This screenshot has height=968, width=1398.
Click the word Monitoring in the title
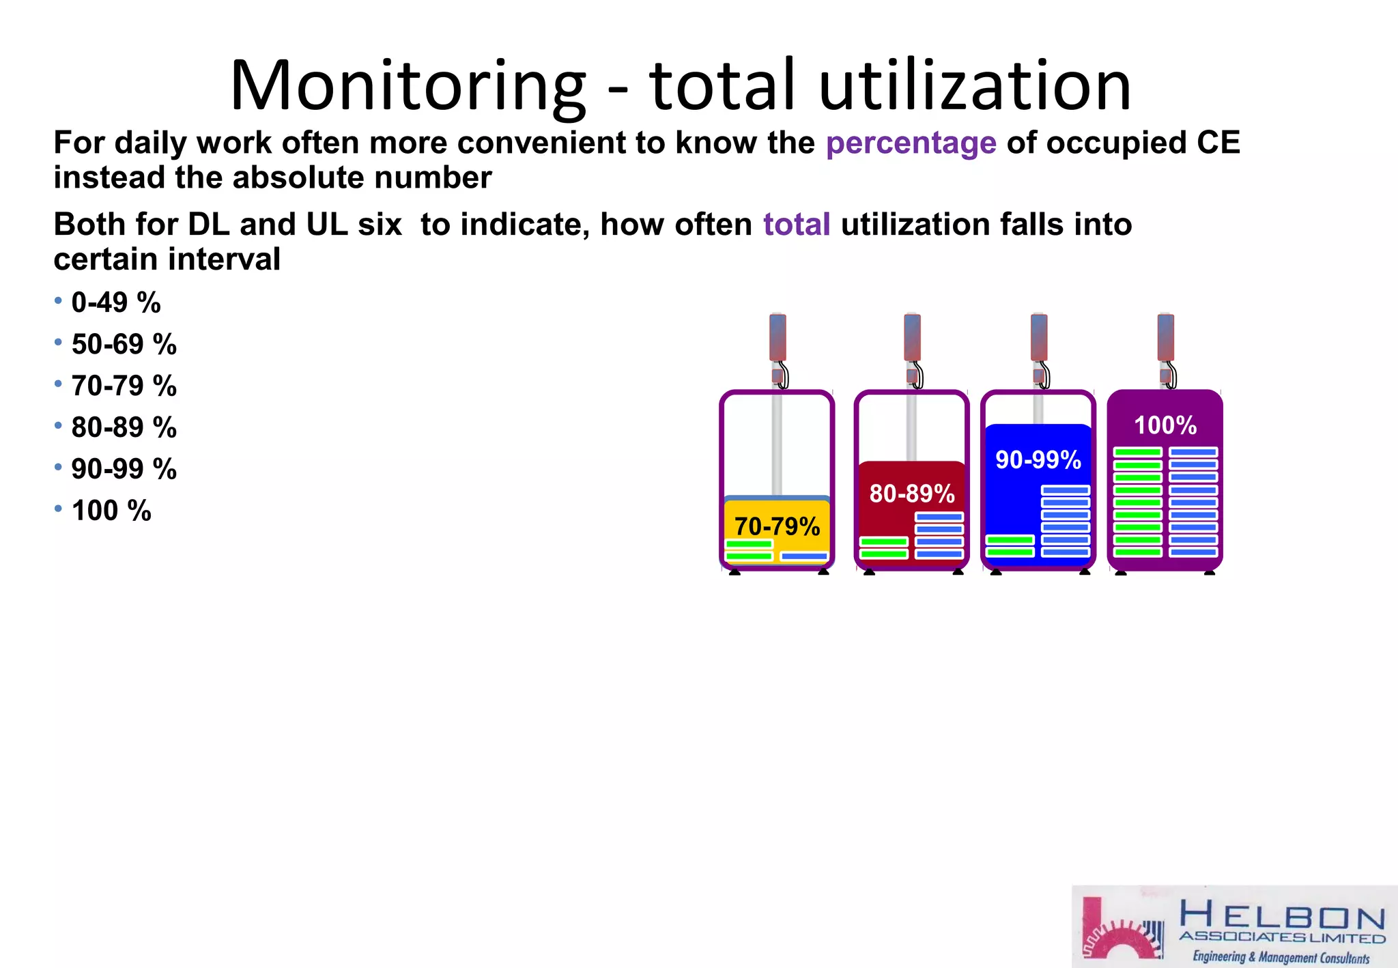408,86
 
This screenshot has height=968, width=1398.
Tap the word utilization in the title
975,86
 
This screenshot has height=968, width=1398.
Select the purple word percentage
911,143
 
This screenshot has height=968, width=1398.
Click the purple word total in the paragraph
796,225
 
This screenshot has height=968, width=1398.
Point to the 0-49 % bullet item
115,302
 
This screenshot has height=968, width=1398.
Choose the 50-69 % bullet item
124,344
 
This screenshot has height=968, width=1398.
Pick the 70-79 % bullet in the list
124,386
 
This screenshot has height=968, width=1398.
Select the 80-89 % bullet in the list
124,427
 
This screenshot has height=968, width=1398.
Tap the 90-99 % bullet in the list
124,469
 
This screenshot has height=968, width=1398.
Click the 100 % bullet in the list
111,511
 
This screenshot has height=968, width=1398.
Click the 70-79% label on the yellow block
777,526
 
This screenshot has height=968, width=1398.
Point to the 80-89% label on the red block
911,493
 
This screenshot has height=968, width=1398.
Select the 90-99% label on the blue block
1038,459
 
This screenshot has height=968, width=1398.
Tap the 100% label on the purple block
1165,425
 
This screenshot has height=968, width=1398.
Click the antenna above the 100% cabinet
1165,337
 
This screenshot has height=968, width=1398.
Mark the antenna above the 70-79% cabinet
777,337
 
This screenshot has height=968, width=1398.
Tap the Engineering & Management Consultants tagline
1281,957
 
